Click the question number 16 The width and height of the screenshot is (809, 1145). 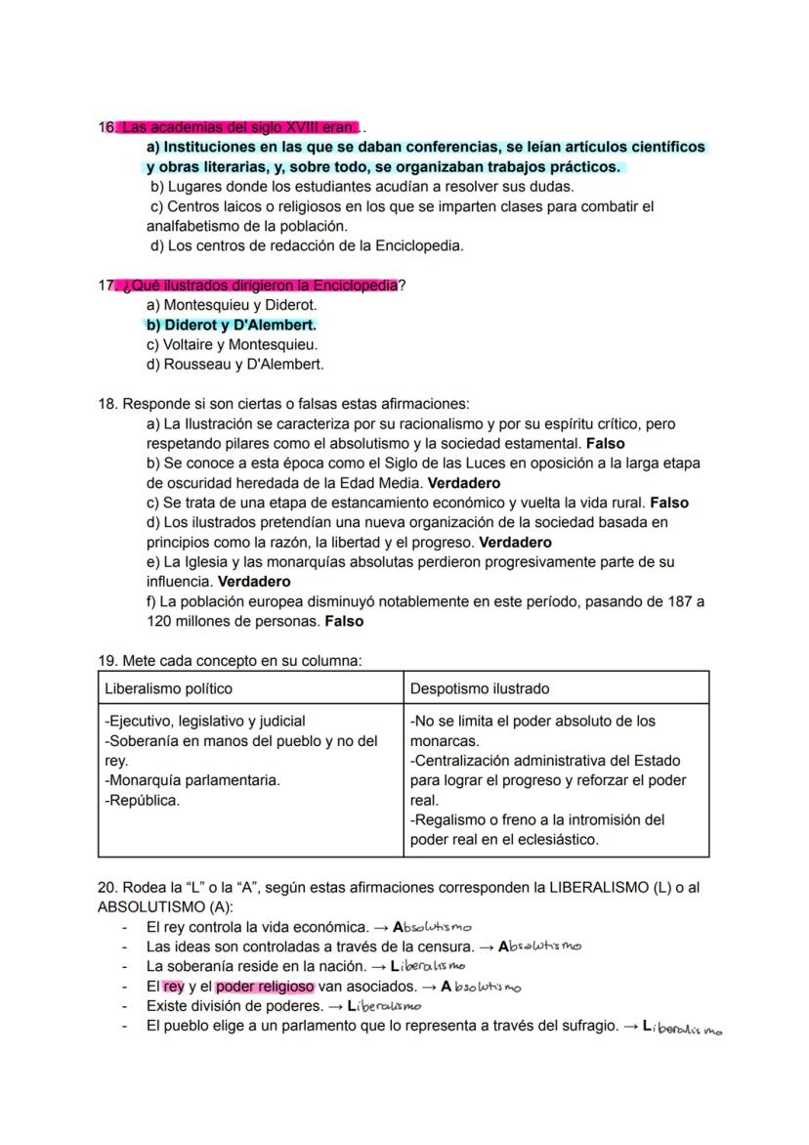click(x=106, y=127)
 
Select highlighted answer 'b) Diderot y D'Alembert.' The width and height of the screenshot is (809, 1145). click(x=231, y=325)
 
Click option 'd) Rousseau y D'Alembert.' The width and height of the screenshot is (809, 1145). click(x=234, y=364)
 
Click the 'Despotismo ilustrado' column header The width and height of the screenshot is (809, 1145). click(x=479, y=688)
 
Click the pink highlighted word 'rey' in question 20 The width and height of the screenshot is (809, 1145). click(x=174, y=987)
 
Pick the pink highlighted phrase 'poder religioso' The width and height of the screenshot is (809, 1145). click(x=265, y=987)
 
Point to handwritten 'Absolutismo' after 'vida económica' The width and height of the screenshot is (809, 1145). click(x=431, y=927)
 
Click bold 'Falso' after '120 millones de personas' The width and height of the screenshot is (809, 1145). click(x=344, y=621)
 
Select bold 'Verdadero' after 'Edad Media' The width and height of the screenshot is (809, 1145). click(x=464, y=483)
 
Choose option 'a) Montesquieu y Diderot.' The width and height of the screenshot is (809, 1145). click(x=232, y=305)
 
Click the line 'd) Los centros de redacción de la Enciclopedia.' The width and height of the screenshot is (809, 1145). click(x=306, y=245)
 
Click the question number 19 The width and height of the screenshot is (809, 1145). click(x=106, y=661)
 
